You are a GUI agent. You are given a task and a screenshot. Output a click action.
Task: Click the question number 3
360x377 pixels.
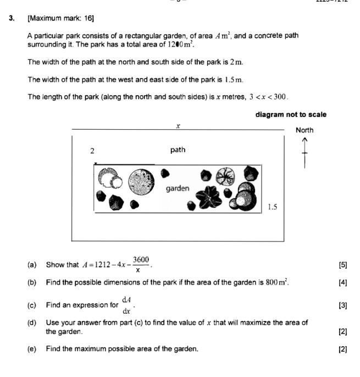[x=12, y=18]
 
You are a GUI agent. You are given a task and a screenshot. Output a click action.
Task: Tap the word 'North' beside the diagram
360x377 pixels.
[x=304, y=130]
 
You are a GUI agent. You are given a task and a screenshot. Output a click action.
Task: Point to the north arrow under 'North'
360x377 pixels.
[x=304, y=153]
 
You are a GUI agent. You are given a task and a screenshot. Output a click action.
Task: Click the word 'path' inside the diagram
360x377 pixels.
[x=178, y=149]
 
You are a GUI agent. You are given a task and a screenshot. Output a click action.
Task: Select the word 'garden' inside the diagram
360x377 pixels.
[x=178, y=188]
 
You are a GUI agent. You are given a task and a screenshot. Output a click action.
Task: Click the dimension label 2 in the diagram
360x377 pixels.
[x=92, y=151]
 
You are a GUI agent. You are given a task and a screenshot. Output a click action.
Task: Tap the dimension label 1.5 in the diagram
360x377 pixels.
[x=273, y=207]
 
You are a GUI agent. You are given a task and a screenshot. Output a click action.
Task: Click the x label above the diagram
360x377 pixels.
[x=178, y=126]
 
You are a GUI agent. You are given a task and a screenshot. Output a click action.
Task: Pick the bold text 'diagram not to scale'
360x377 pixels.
[x=291, y=115]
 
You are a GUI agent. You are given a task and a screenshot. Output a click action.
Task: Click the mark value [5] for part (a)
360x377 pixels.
[x=343, y=265]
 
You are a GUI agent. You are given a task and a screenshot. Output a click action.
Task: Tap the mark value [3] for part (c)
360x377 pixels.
[x=343, y=305]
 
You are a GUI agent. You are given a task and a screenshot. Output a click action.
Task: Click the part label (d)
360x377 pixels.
[x=32, y=323]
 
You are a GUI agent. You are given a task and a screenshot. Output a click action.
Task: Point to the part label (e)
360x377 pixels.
[x=32, y=349]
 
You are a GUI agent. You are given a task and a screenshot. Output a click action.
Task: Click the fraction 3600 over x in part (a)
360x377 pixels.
[x=141, y=264]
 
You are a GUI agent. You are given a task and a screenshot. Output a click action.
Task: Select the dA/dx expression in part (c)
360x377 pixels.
[x=127, y=304]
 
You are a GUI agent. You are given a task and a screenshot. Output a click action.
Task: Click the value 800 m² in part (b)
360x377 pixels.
[x=277, y=283]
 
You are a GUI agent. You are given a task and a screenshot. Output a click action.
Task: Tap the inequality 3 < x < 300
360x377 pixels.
[x=268, y=97]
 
